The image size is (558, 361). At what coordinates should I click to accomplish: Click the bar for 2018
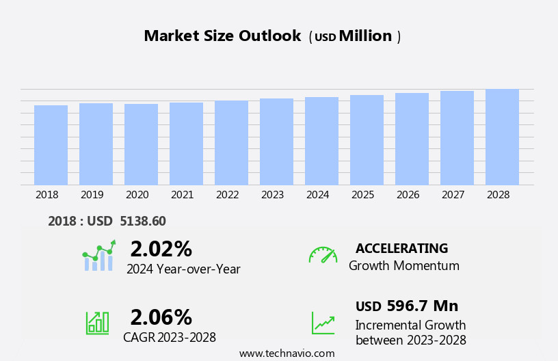[51, 145]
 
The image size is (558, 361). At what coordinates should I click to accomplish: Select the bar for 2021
[186, 144]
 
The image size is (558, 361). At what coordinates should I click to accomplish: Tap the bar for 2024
[321, 141]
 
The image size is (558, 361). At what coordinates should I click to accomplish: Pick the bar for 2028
[502, 137]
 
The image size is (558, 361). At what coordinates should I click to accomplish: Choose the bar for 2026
[412, 139]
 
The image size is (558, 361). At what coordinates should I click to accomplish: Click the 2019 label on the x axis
[92, 195]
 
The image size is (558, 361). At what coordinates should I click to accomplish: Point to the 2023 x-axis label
[272, 195]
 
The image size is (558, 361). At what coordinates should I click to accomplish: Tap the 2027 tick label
[453, 195]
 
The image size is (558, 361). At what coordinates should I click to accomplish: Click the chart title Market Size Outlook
[222, 36]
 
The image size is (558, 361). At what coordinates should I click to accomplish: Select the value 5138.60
[142, 221]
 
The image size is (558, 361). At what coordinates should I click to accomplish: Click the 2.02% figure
[161, 249]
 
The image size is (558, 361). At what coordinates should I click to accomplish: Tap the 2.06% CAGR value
[161, 317]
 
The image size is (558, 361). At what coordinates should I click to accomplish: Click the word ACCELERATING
[401, 248]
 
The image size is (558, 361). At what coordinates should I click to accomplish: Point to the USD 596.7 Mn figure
[407, 306]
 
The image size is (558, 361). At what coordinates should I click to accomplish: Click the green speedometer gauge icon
[323, 255]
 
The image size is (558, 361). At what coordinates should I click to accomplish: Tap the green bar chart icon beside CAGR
[97, 323]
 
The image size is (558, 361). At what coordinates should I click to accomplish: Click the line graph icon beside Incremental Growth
[323, 323]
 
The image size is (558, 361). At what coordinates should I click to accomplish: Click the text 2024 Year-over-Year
[183, 269]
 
